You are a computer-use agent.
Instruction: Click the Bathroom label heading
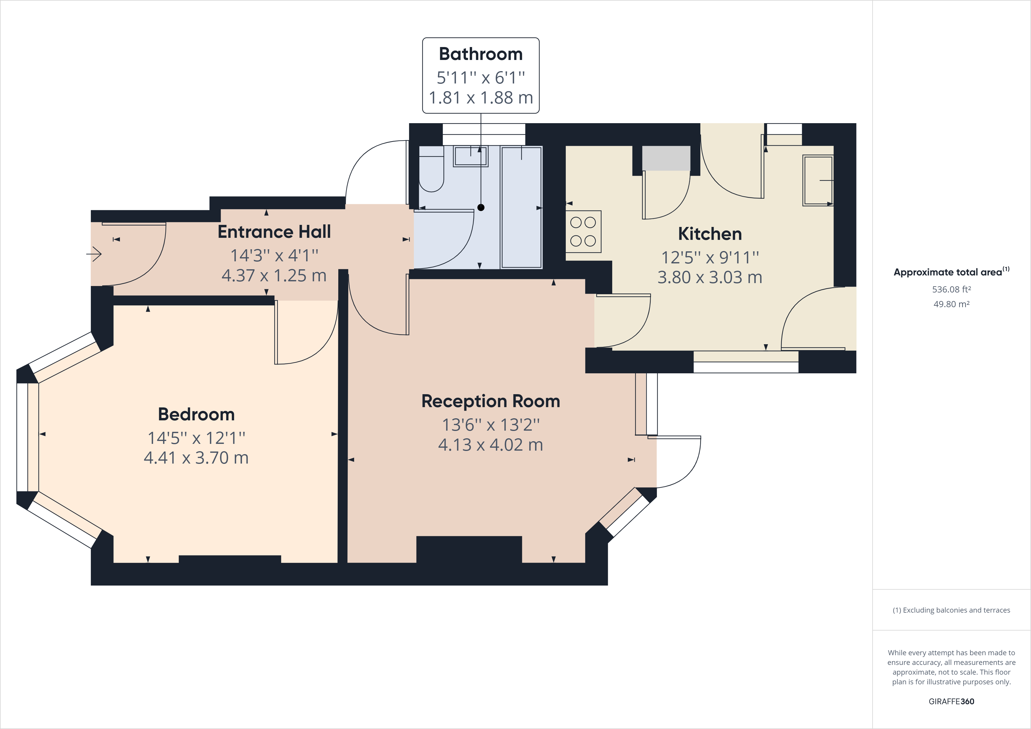pyautogui.click(x=481, y=54)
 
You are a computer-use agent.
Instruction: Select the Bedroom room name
pyautogui.click(x=196, y=414)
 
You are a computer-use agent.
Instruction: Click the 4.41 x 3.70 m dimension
pyautogui.click(x=196, y=458)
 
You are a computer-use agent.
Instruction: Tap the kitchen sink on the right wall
pyautogui.click(x=818, y=180)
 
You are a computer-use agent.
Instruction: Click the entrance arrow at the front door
pyautogui.click(x=94, y=254)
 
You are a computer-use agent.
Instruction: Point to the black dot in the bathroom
pyautogui.click(x=481, y=208)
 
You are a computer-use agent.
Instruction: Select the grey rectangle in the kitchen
pyautogui.click(x=666, y=158)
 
